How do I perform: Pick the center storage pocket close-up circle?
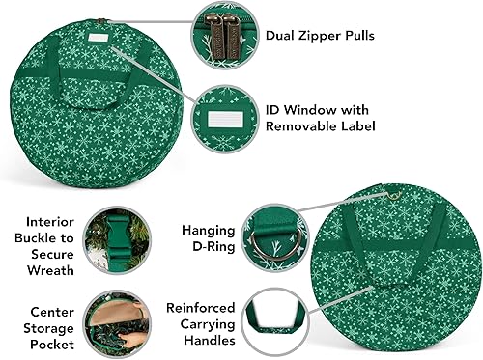(x=113, y=324)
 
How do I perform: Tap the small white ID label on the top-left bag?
(x=99, y=39)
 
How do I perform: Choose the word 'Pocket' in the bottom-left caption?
(x=40, y=343)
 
